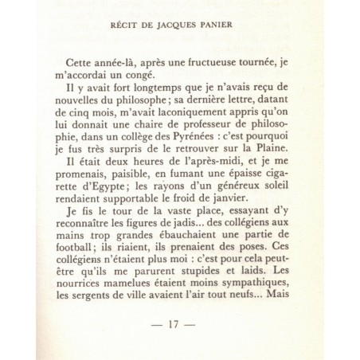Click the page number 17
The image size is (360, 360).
180,326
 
